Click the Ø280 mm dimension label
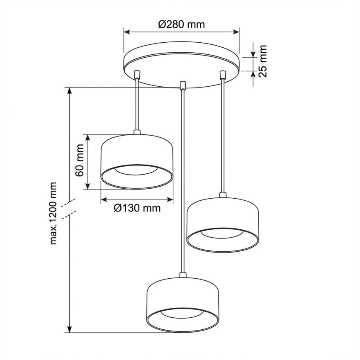point(181,24)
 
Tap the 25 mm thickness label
point(262,61)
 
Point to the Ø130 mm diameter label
point(137,208)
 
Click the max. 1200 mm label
point(54,213)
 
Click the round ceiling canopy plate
point(182,66)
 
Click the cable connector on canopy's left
point(137,75)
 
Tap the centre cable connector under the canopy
point(182,85)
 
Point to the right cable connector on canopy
point(223,75)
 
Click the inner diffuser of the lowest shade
point(182,316)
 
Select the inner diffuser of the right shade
point(223,236)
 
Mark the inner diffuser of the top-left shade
point(137,171)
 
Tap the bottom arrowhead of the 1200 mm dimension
point(70,329)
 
